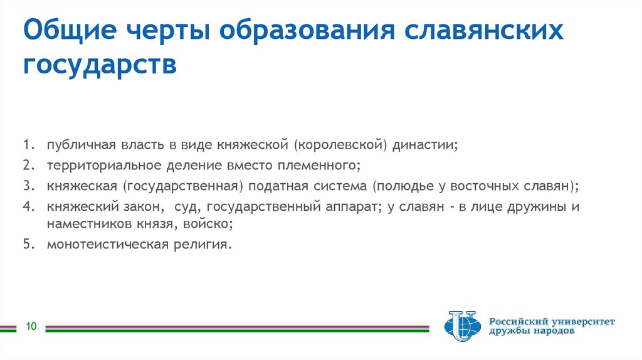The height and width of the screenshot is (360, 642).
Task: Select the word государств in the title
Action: point(101,64)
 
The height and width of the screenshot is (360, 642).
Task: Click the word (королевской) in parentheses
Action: point(338,146)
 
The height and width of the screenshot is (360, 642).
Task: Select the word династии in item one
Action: point(425,146)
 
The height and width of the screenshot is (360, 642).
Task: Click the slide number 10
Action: point(31,326)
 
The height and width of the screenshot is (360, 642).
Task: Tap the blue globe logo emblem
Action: point(461,326)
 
